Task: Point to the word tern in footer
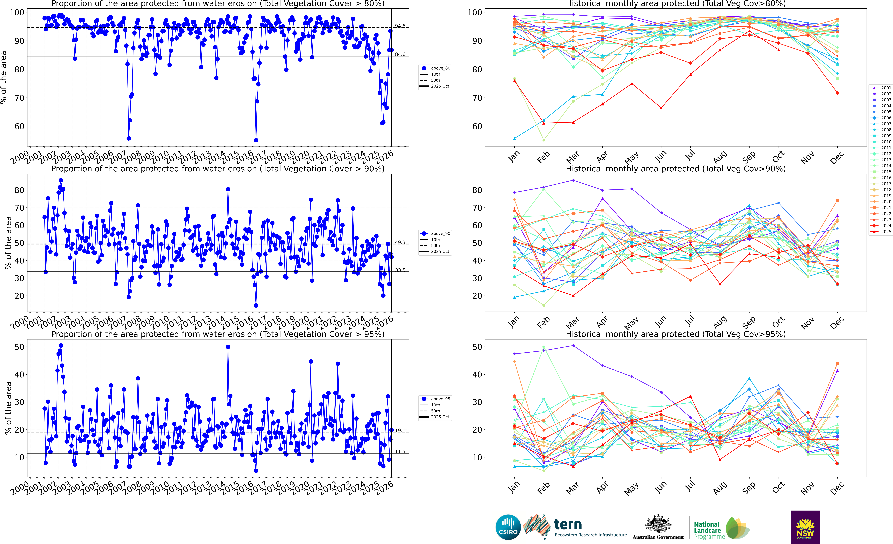pyautogui.click(x=568, y=524)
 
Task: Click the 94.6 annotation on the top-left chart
pyautogui.click(x=400, y=26)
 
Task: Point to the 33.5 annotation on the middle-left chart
pyautogui.click(x=400, y=270)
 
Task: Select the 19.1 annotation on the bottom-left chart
pyautogui.click(x=400, y=431)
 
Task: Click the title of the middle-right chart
pyautogui.click(x=676, y=169)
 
